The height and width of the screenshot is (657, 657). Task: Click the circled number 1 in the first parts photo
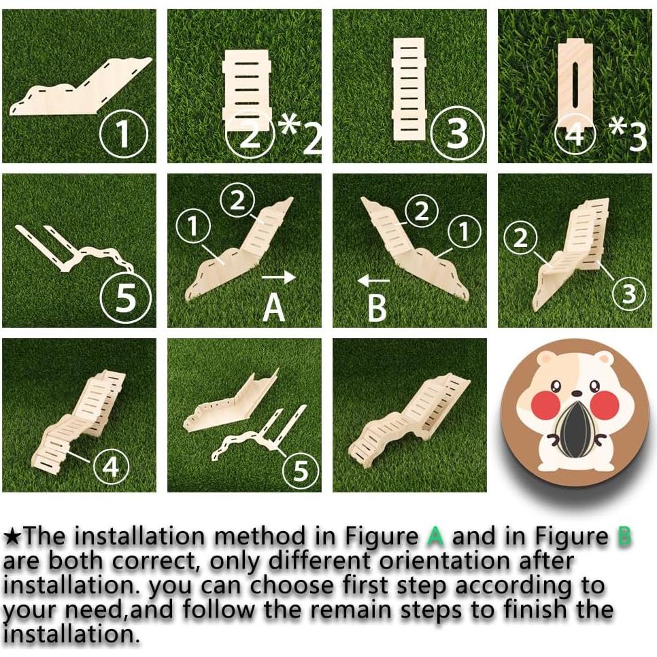point(124,134)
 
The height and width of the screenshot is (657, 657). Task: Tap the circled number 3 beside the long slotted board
point(458,133)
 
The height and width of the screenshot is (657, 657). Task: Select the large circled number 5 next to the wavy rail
point(125,297)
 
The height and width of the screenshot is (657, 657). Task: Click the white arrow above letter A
point(279,277)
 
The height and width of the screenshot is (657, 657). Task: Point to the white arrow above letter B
point(374,280)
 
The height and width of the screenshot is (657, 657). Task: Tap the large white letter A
point(274,308)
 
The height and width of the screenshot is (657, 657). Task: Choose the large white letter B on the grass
point(377,308)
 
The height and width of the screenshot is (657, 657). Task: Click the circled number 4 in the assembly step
point(111,465)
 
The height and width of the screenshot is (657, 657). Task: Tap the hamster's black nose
point(577,392)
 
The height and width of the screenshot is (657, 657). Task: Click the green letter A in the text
point(436,537)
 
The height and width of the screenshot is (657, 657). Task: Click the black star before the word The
point(12,537)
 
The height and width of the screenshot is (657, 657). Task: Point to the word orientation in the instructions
point(445,561)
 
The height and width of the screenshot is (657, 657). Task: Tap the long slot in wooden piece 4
point(576,80)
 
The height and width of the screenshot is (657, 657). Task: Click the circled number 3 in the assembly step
point(629,294)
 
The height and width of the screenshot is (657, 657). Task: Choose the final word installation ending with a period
point(71,635)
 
